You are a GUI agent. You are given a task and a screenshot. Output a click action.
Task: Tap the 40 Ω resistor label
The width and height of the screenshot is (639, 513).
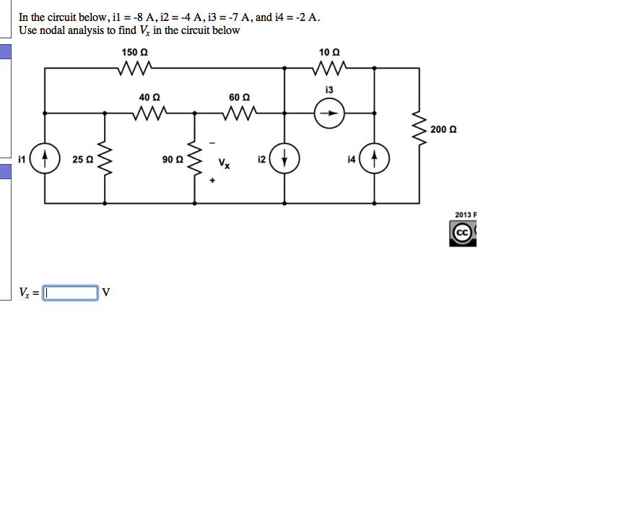tap(150, 97)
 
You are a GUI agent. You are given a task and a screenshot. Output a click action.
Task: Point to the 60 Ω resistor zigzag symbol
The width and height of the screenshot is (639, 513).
tap(239, 113)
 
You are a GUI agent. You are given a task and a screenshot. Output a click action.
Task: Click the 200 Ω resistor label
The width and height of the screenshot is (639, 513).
tap(443, 130)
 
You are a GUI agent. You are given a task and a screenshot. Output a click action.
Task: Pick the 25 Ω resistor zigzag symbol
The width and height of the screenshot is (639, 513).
tap(105, 158)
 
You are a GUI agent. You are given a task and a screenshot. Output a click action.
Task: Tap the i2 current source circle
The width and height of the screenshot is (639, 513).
tap(284, 158)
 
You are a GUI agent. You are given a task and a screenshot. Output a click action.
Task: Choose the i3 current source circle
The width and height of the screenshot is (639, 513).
tap(329, 113)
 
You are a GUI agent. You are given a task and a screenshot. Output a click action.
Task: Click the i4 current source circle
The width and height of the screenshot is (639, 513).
tap(374, 158)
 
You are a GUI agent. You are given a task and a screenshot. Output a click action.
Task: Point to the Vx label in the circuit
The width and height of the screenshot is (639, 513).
tap(225, 164)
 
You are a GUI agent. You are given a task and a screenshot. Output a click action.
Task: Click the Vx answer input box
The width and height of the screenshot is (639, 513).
tap(71, 293)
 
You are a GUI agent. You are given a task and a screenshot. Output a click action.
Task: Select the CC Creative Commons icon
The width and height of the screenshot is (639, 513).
tap(462, 233)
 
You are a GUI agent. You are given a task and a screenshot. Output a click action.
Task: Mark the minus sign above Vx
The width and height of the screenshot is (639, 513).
tap(213, 142)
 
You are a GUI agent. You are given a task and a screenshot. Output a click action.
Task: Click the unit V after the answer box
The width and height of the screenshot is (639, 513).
tap(106, 293)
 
